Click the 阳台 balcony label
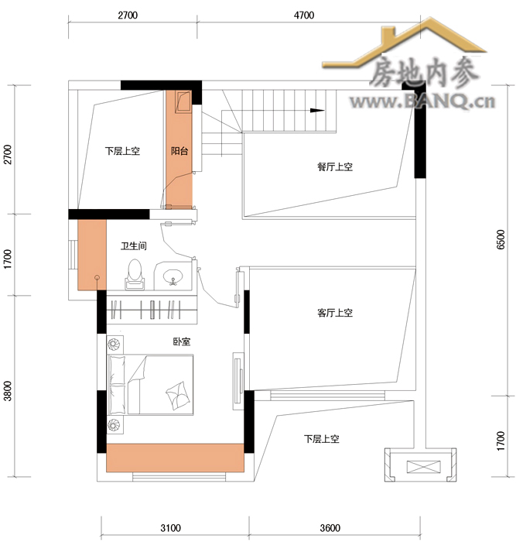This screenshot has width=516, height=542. click(x=179, y=151)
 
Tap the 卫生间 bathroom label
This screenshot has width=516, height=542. click(x=134, y=245)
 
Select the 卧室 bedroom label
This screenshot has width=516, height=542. click(x=182, y=341)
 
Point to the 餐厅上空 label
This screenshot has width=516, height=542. click(x=335, y=167)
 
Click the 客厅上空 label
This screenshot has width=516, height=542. click(x=335, y=313)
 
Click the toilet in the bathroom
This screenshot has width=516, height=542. click(x=135, y=274)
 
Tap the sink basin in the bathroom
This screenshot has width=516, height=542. click(x=173, y=277)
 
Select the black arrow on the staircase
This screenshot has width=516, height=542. click(x=317, y=111)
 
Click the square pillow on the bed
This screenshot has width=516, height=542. click(x=178, y=396)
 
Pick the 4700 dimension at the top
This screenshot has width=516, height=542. click(x=304, y=15)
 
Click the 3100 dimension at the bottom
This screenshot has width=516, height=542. click(x=171, y=528)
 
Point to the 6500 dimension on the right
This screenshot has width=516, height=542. click(x=501, y=239)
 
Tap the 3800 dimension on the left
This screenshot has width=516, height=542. click(x=7, y=391)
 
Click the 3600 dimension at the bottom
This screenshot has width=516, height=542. click(x=330, y=528)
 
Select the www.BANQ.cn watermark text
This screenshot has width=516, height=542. click(x=422, y=101)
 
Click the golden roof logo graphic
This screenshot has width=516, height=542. click(x=404, y=43)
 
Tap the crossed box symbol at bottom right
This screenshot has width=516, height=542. click(x=424, y=467)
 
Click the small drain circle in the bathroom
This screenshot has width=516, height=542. click(x=97, y=277)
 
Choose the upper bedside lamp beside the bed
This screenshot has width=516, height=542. click(x=114, y=344)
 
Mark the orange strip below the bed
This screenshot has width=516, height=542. click(x=175, y=458)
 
